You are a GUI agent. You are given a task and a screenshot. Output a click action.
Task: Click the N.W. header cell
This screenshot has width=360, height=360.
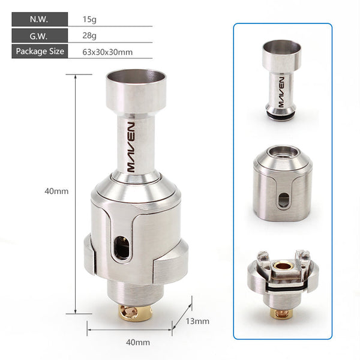40,19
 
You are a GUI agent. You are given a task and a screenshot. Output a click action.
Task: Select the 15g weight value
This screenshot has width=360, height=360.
89,19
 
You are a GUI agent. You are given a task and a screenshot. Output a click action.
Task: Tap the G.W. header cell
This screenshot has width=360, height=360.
40,35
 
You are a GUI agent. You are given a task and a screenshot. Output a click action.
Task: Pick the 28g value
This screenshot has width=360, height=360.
89,36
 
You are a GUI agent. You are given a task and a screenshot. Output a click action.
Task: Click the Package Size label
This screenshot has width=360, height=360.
40,51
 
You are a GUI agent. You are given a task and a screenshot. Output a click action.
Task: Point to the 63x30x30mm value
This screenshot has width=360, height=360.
107,52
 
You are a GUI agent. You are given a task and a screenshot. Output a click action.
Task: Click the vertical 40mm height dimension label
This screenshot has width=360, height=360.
56,191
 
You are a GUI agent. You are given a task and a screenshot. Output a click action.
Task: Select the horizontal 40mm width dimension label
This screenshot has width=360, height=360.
138,343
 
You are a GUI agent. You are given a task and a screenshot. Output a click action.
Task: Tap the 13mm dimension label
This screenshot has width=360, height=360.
197,321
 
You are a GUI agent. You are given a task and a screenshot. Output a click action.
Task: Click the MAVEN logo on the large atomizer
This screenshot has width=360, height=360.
131,147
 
